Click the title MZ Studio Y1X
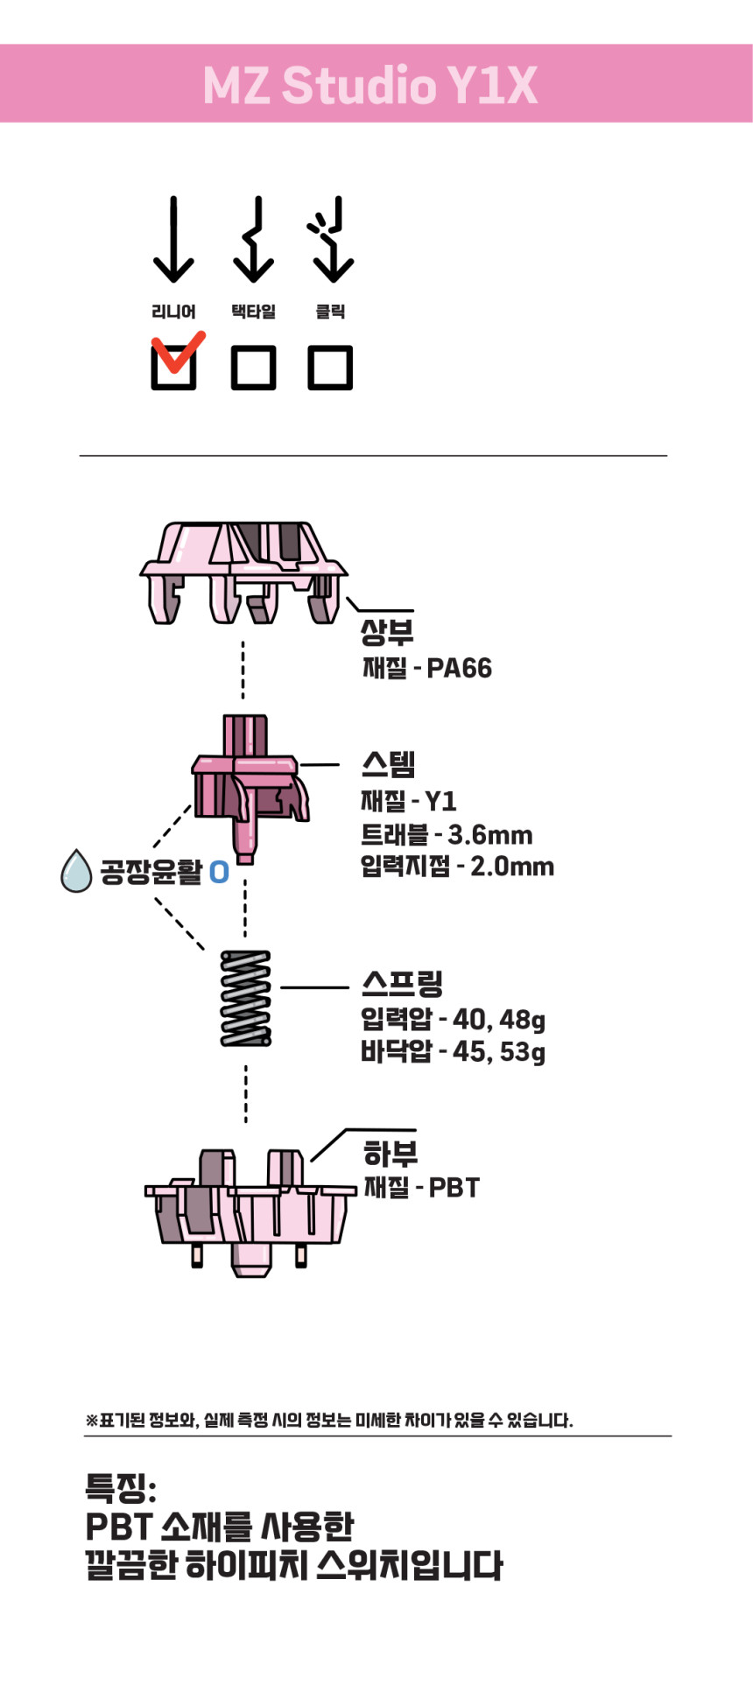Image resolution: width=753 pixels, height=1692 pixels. (370, 85)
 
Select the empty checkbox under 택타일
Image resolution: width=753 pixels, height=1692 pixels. (253, 367)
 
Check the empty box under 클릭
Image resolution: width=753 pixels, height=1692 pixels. (330, 367)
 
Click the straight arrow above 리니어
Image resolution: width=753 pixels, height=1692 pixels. (173, 239)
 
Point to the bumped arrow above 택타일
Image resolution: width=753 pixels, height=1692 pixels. (254, 239)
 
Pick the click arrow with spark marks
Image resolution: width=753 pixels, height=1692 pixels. (330, 239)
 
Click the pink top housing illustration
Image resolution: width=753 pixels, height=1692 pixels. (243, 572)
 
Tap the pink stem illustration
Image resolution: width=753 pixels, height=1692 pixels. (250, 789)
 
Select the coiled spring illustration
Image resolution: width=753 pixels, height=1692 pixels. (245, 998)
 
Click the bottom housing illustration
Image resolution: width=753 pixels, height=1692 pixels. (250, 1212)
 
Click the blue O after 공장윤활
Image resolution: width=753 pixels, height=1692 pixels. (219, 872)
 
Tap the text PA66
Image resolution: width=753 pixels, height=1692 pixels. (459, 669)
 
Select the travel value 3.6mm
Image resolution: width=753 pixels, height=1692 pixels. (490, 835)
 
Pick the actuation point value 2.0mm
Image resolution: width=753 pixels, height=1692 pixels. (512, 867)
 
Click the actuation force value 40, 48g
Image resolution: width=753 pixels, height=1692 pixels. (499, 1020)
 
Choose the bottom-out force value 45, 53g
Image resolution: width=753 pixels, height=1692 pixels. (499, 1051)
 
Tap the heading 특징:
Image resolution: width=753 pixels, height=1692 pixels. (121, 1487)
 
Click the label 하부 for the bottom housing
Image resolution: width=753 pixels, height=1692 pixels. (391, 1154)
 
